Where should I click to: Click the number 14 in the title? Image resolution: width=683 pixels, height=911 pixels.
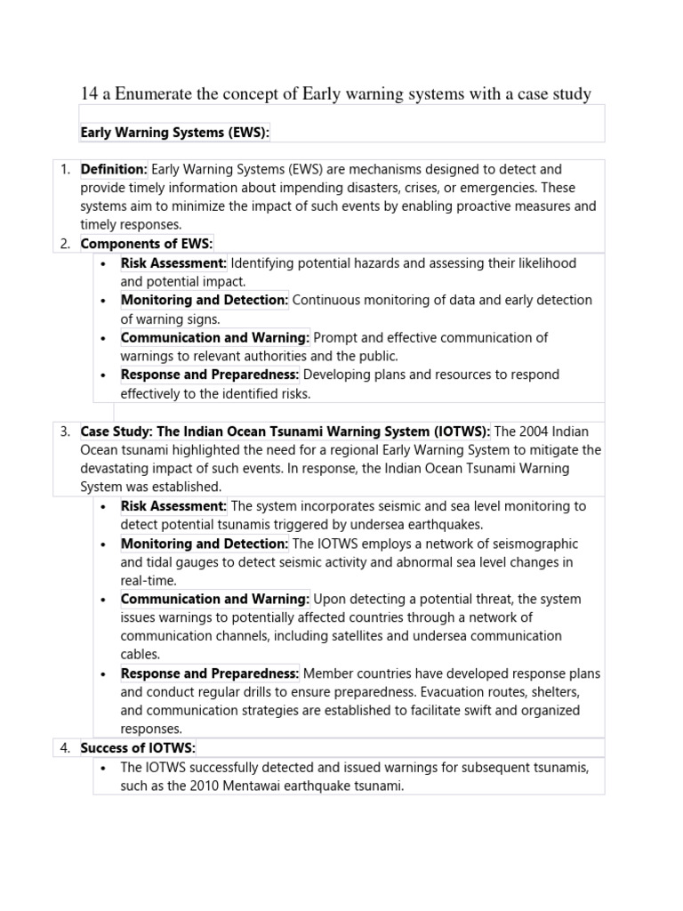90,93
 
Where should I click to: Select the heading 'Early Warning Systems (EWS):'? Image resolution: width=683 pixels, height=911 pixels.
174,133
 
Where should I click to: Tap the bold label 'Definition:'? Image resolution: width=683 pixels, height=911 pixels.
114,169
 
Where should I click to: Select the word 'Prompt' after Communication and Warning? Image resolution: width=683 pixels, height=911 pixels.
335,338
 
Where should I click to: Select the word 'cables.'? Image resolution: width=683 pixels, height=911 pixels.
141,655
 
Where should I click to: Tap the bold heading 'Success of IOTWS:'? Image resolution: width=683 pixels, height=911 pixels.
138,748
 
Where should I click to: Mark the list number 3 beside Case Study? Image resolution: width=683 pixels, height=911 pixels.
65,431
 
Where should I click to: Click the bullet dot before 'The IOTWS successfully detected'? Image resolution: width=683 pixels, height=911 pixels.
104,767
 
